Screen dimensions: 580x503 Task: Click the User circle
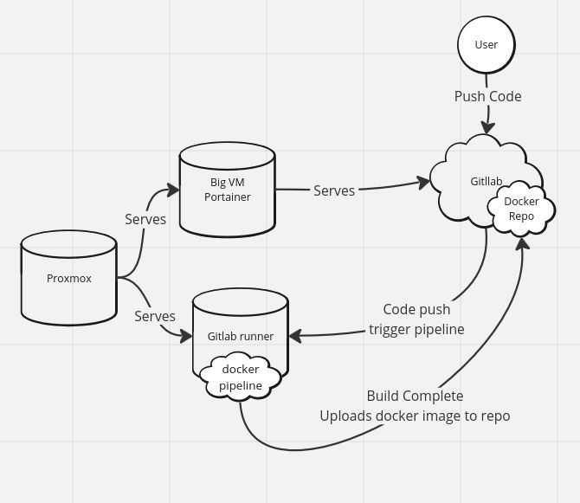(x=486, y=45)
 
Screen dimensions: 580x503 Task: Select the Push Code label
(x=488, y=96)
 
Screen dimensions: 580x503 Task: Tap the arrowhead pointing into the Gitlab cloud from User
(x=488, y=127)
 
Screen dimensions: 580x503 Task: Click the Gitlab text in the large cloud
(x=486, y=181)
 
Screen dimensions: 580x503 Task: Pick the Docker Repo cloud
(x=521, y=209)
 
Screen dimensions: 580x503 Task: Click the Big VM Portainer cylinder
(x=227, y=190)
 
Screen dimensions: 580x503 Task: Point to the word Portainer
(x=227, y=197)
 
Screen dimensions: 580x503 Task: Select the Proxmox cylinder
(x=68, y=278)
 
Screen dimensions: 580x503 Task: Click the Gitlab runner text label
(x=241, y=336)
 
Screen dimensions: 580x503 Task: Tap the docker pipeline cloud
(x=241, y=377)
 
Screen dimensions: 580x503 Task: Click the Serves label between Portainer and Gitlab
(x=334, y=190)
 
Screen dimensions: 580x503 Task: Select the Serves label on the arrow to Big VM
(x=145, y=219)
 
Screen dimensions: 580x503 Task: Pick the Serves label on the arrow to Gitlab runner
(x=155, y=316)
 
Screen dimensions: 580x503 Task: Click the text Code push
(x=416, y=309)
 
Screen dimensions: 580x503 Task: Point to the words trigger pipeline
(x=416, y=329)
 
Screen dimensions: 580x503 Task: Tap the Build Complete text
(x=415, y=396)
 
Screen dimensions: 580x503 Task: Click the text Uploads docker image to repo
(x=415, y=416)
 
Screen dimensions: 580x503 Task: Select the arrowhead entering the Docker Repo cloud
(x=522, y=244)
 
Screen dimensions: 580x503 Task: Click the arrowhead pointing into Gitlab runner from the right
(x=295, y=336)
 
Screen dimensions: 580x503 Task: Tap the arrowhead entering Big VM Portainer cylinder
(x=173, y=190)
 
